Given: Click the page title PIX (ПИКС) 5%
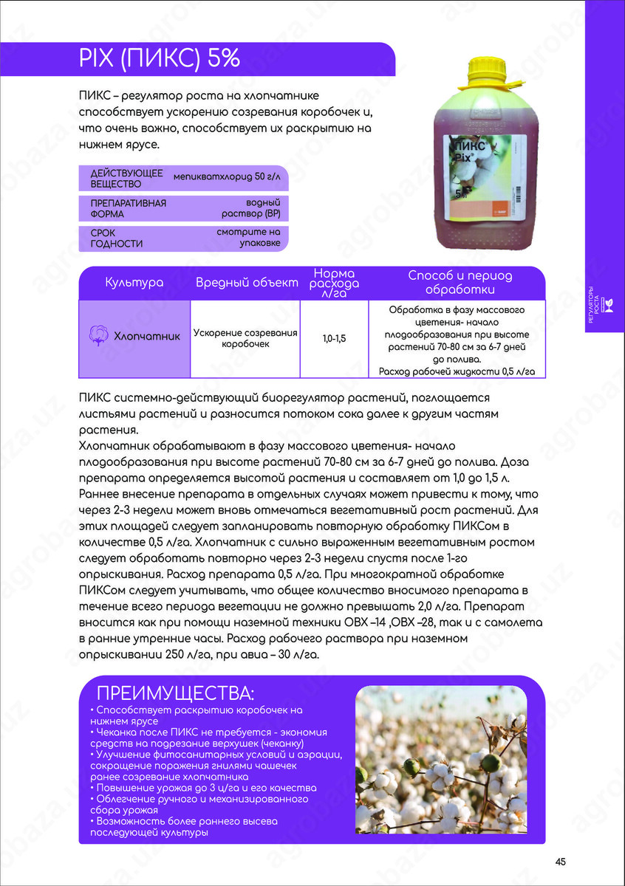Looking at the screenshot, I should [x=159, y=58].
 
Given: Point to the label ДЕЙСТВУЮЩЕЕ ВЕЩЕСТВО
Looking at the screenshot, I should [x=116, y=178].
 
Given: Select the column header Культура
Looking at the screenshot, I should [x=134, y=283].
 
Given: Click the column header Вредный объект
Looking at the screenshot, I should [x=246, y=283].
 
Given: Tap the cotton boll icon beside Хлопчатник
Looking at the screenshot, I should [x=98, y=335].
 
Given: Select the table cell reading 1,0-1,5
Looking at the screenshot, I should [x=334, y=338].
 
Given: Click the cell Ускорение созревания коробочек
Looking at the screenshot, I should [x=245, y=338].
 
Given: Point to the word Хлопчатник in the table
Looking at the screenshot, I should [x=147, y=336].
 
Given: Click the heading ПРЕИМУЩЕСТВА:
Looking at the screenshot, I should [x=175, y=693].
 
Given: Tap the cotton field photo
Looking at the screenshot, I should [x=441, y=760].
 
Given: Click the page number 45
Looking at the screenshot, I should [x=560, y=862].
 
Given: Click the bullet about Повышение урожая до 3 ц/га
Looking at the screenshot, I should [x=203, y=788].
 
